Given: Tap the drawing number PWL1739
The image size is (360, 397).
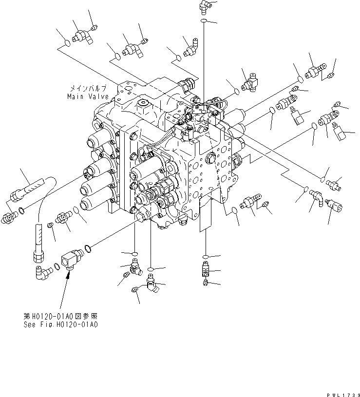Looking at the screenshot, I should [342, 393].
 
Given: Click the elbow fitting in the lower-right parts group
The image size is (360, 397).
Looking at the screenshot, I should [316, 195].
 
